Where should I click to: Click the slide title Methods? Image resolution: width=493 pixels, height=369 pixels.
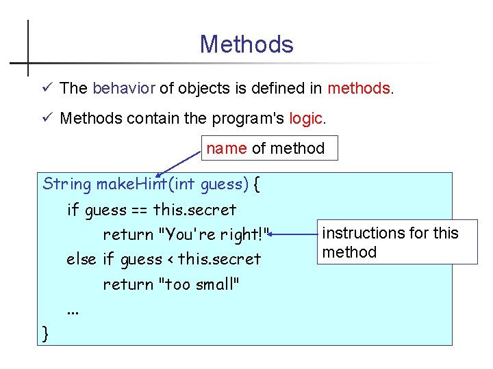click(246, 44)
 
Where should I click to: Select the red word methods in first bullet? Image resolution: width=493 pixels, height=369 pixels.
click(359, 88)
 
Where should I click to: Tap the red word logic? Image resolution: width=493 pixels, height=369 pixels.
click(305, 118)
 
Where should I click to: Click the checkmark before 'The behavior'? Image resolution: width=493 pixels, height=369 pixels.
click(46, 88)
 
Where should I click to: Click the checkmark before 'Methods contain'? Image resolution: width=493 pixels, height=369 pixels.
click(46, 118)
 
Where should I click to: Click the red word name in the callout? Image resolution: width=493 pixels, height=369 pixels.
click(226, 148)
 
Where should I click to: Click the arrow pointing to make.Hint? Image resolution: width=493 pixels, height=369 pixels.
click(179, 163)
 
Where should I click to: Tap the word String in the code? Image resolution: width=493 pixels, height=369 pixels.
click(66, 183)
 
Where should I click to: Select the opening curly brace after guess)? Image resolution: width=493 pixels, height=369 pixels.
click(256, 183)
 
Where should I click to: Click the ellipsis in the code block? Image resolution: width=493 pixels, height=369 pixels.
click(73, 311)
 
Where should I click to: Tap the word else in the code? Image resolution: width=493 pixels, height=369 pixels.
click(81, 259)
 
